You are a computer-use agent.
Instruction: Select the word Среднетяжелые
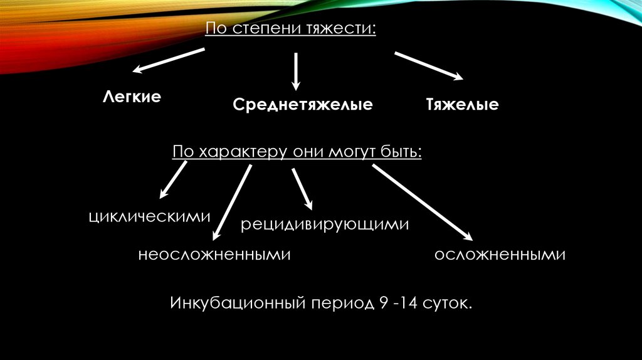click(x=303, y=104)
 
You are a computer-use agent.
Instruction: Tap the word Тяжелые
click(x=463, y=104)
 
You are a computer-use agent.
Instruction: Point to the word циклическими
click(x=149, y=217)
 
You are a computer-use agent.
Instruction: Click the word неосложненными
click(x=215, y=255)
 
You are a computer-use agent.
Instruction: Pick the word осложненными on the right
click(x=500, y=255)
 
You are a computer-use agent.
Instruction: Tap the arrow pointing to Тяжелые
click(x=429, y=66)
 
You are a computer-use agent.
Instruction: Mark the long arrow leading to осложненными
click(x=421, y=202)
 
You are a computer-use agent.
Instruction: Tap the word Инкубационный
click(x=236, y=304)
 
